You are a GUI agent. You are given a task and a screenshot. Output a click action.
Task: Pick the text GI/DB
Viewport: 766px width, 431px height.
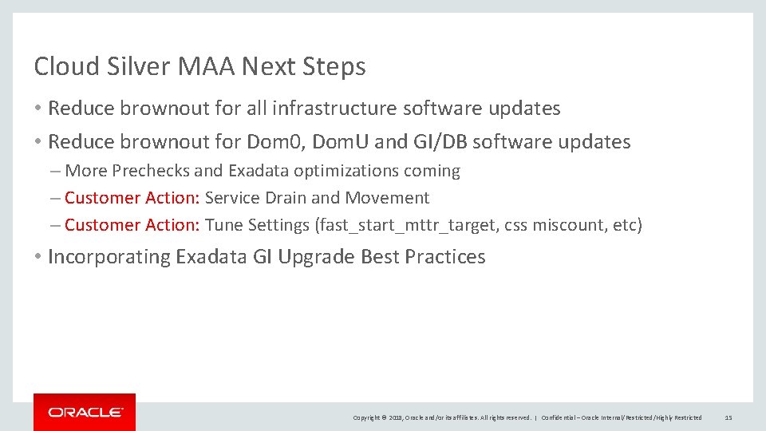pyautogui.click(x=440, y=142)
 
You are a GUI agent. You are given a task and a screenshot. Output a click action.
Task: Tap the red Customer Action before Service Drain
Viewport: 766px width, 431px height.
pyautogui.click(x=132, y=198)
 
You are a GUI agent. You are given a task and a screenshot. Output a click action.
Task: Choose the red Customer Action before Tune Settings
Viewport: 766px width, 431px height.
pyautogui.click(x=132, y=225)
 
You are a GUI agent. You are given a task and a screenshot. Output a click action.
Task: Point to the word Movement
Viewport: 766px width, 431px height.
pyautogui.click(x=387, y=198)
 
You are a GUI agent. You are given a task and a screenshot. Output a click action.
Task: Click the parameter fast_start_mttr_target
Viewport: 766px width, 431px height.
pyautogui.click(x=408, y=225)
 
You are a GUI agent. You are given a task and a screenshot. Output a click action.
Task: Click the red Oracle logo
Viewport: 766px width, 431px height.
pyautogui.click(x=85, y=412)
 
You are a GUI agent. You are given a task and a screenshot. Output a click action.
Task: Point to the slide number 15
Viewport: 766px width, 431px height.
pyautogui.click(x=728, y=417)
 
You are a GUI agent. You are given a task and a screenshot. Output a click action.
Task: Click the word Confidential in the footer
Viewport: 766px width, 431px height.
pyautogui.click(x=559, y=417)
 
